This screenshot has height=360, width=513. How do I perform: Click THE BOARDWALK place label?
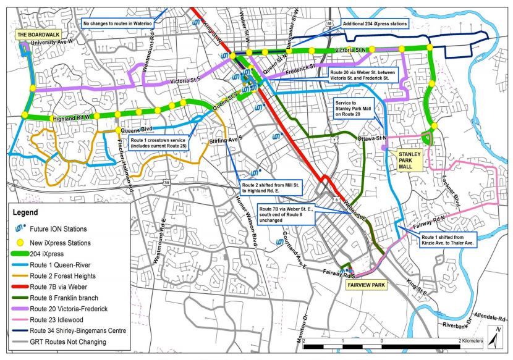tap(38, 34)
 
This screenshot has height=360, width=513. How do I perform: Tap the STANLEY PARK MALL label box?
tap(410, 157)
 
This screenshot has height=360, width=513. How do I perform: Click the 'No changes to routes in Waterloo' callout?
tap(117, 24)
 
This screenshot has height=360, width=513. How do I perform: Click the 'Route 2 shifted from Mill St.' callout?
tap(270, 187)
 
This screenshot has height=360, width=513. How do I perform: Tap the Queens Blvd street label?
tap(137, 130)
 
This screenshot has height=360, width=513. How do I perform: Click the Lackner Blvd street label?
tap(456, 195)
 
